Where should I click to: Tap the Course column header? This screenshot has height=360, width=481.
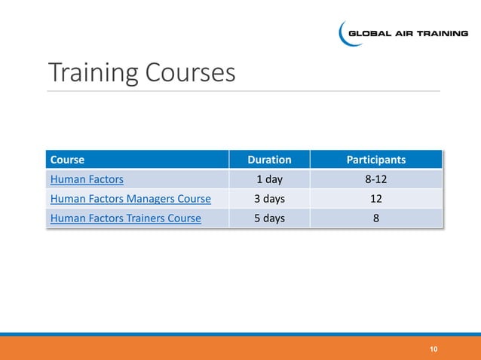pos(67,160)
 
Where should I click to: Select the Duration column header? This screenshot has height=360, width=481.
pos(269,160)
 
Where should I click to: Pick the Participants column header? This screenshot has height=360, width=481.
pos(375,160)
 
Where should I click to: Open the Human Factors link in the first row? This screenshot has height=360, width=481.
pos(87,179)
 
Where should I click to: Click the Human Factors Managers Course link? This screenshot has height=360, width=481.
pos(130,199)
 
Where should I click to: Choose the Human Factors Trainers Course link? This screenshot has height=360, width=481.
pos(125,218)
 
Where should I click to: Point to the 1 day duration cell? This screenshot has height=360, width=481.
pos(269,179)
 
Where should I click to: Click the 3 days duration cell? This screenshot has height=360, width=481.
pos(269,199)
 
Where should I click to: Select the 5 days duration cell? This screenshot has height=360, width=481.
pos(269,218)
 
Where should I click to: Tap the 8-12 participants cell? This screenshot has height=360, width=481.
pos(375,179)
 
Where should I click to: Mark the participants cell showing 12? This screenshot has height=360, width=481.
pos(375,199)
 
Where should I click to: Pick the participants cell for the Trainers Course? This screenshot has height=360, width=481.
pos(375,218)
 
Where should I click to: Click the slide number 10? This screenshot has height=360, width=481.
pos(434,349)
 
